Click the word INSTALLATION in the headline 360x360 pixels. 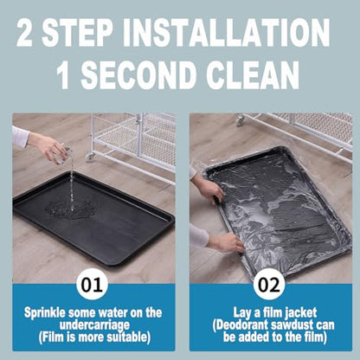pos(227,32)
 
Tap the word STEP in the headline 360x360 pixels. pos(77,32)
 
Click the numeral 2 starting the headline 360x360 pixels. pos(24,32)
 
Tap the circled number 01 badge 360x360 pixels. pos(92,285)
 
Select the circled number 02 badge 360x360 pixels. pos(269,285)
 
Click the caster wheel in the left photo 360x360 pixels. pos(90,157)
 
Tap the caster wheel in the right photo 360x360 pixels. pos(240,120)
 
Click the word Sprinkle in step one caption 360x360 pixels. pos(45,313)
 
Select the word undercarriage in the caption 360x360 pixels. pos(94,325)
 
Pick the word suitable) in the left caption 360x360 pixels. pos(129,337)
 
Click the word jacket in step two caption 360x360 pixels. pos(300,313)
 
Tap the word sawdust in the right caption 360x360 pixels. pos(292,325)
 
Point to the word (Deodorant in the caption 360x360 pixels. pos(241,325)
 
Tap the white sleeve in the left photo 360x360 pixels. pos(20,135)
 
